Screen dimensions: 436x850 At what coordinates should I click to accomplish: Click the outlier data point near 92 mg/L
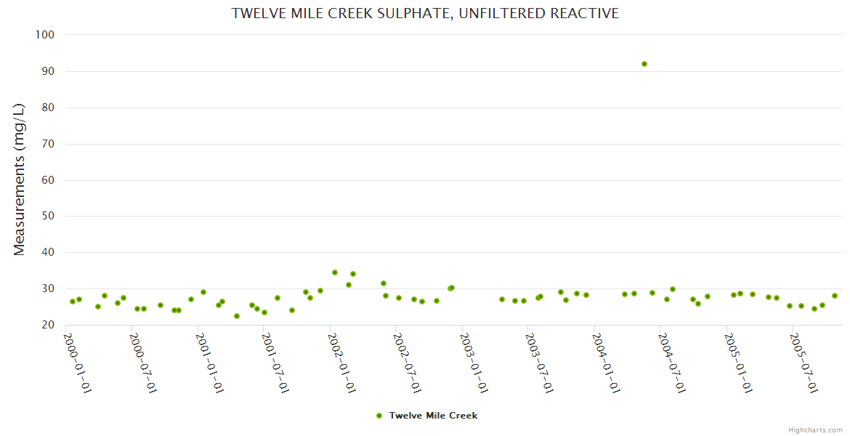644,64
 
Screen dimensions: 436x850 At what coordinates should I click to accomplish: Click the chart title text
425,13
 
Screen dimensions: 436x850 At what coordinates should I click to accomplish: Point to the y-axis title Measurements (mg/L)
20,179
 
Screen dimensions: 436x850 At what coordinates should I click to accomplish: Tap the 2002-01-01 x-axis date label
342,363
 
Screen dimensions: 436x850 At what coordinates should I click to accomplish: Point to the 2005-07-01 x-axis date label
805,363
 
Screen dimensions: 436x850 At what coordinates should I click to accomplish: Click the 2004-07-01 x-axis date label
673,363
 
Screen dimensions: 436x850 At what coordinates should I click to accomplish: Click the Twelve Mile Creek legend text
433,416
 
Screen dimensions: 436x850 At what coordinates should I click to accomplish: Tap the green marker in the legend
379,416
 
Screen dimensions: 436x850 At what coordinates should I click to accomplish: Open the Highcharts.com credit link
815,429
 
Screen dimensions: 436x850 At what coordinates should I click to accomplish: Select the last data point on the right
835,296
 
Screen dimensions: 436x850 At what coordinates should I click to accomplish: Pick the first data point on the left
73,302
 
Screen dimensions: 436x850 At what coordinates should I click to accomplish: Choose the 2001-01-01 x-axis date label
210,363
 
